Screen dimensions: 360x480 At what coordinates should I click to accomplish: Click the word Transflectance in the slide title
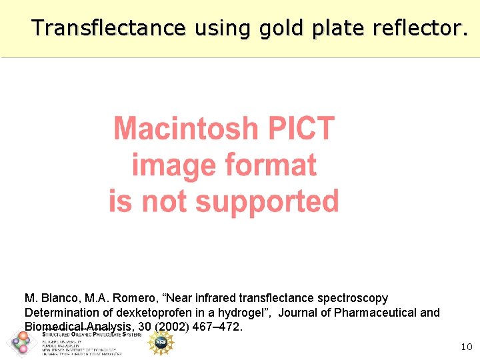pos(108,28)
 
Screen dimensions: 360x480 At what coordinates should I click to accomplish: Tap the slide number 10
pos(467,347)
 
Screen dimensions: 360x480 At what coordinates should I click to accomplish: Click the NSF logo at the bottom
pos(161,343)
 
